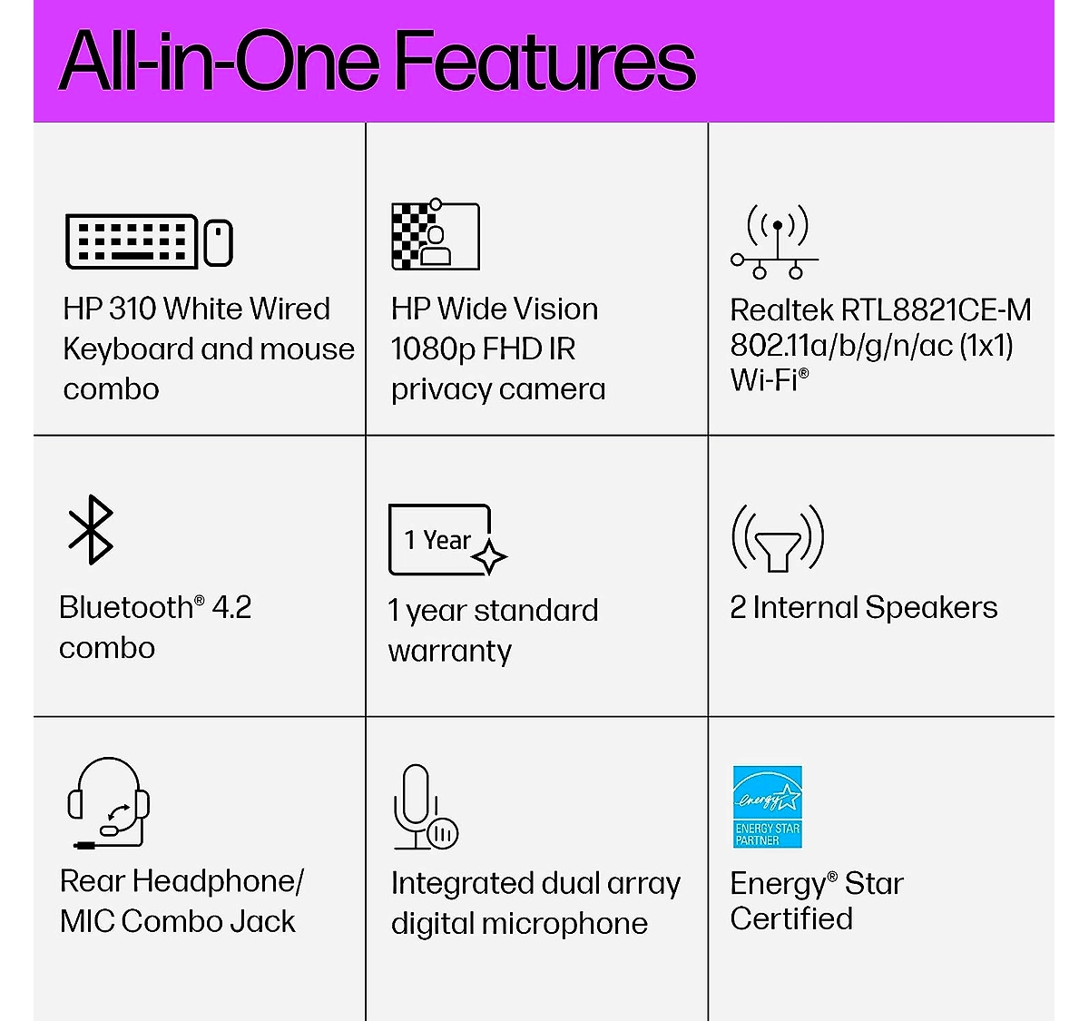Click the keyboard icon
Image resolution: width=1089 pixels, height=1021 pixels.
131,241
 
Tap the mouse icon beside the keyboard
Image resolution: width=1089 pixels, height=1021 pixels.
218,242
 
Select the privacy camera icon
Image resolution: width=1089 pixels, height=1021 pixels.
436,234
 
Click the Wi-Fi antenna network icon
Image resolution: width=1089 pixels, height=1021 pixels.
774,241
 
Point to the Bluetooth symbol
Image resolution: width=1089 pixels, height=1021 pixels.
91,529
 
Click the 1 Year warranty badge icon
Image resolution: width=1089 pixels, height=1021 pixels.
446,540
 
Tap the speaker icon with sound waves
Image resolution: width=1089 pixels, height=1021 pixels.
778,538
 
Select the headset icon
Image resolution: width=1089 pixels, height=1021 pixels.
109,802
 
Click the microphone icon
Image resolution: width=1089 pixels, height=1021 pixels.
426,807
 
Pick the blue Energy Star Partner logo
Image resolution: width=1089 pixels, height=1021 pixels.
768,807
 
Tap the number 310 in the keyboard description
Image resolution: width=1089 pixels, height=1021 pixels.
132,309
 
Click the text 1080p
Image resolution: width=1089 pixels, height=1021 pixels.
433,350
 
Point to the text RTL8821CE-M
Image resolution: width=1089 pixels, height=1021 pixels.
936,310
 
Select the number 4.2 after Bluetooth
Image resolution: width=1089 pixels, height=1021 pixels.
231,607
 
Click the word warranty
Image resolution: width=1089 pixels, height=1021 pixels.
449,652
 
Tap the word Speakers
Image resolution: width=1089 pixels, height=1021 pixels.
931,608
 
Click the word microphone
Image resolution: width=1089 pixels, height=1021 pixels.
564,925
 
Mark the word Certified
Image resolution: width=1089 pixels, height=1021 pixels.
791,918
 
